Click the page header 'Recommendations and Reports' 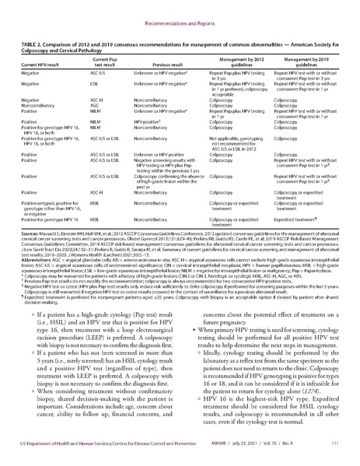(180, 13)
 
